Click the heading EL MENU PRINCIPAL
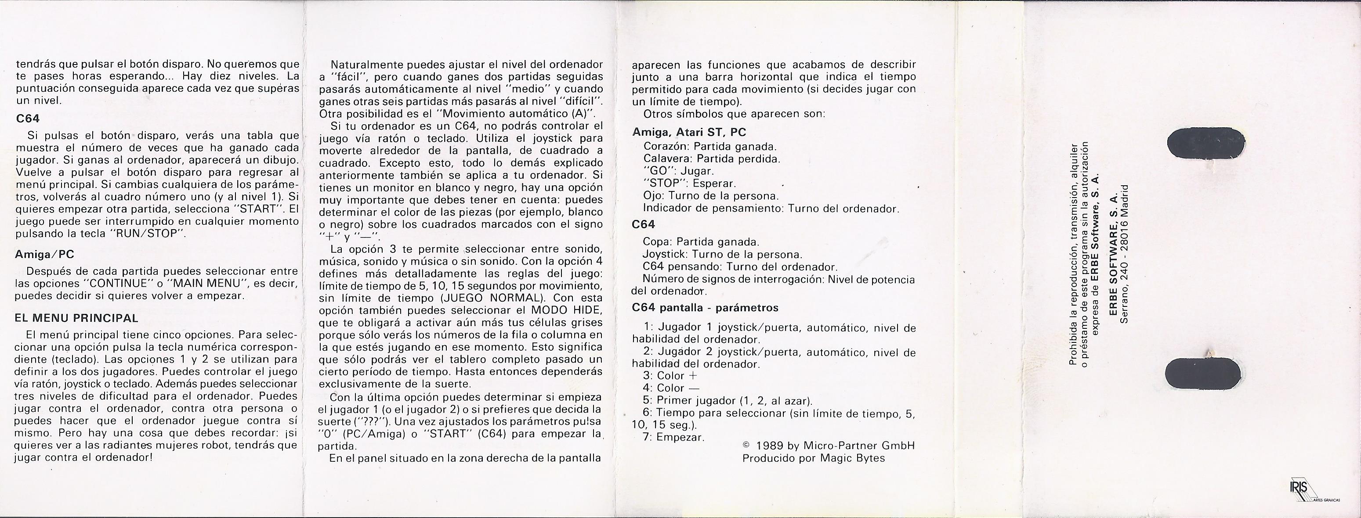[77, 318]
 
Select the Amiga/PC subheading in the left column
[45, 255]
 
